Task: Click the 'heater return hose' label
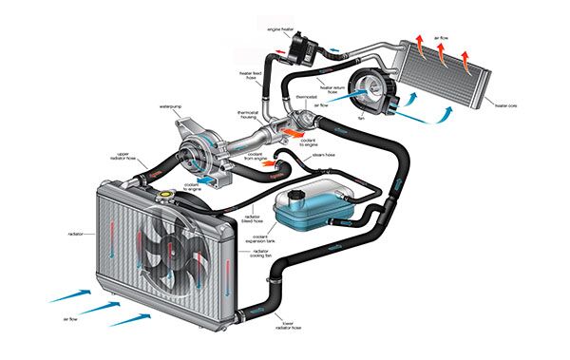pos(339,91)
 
